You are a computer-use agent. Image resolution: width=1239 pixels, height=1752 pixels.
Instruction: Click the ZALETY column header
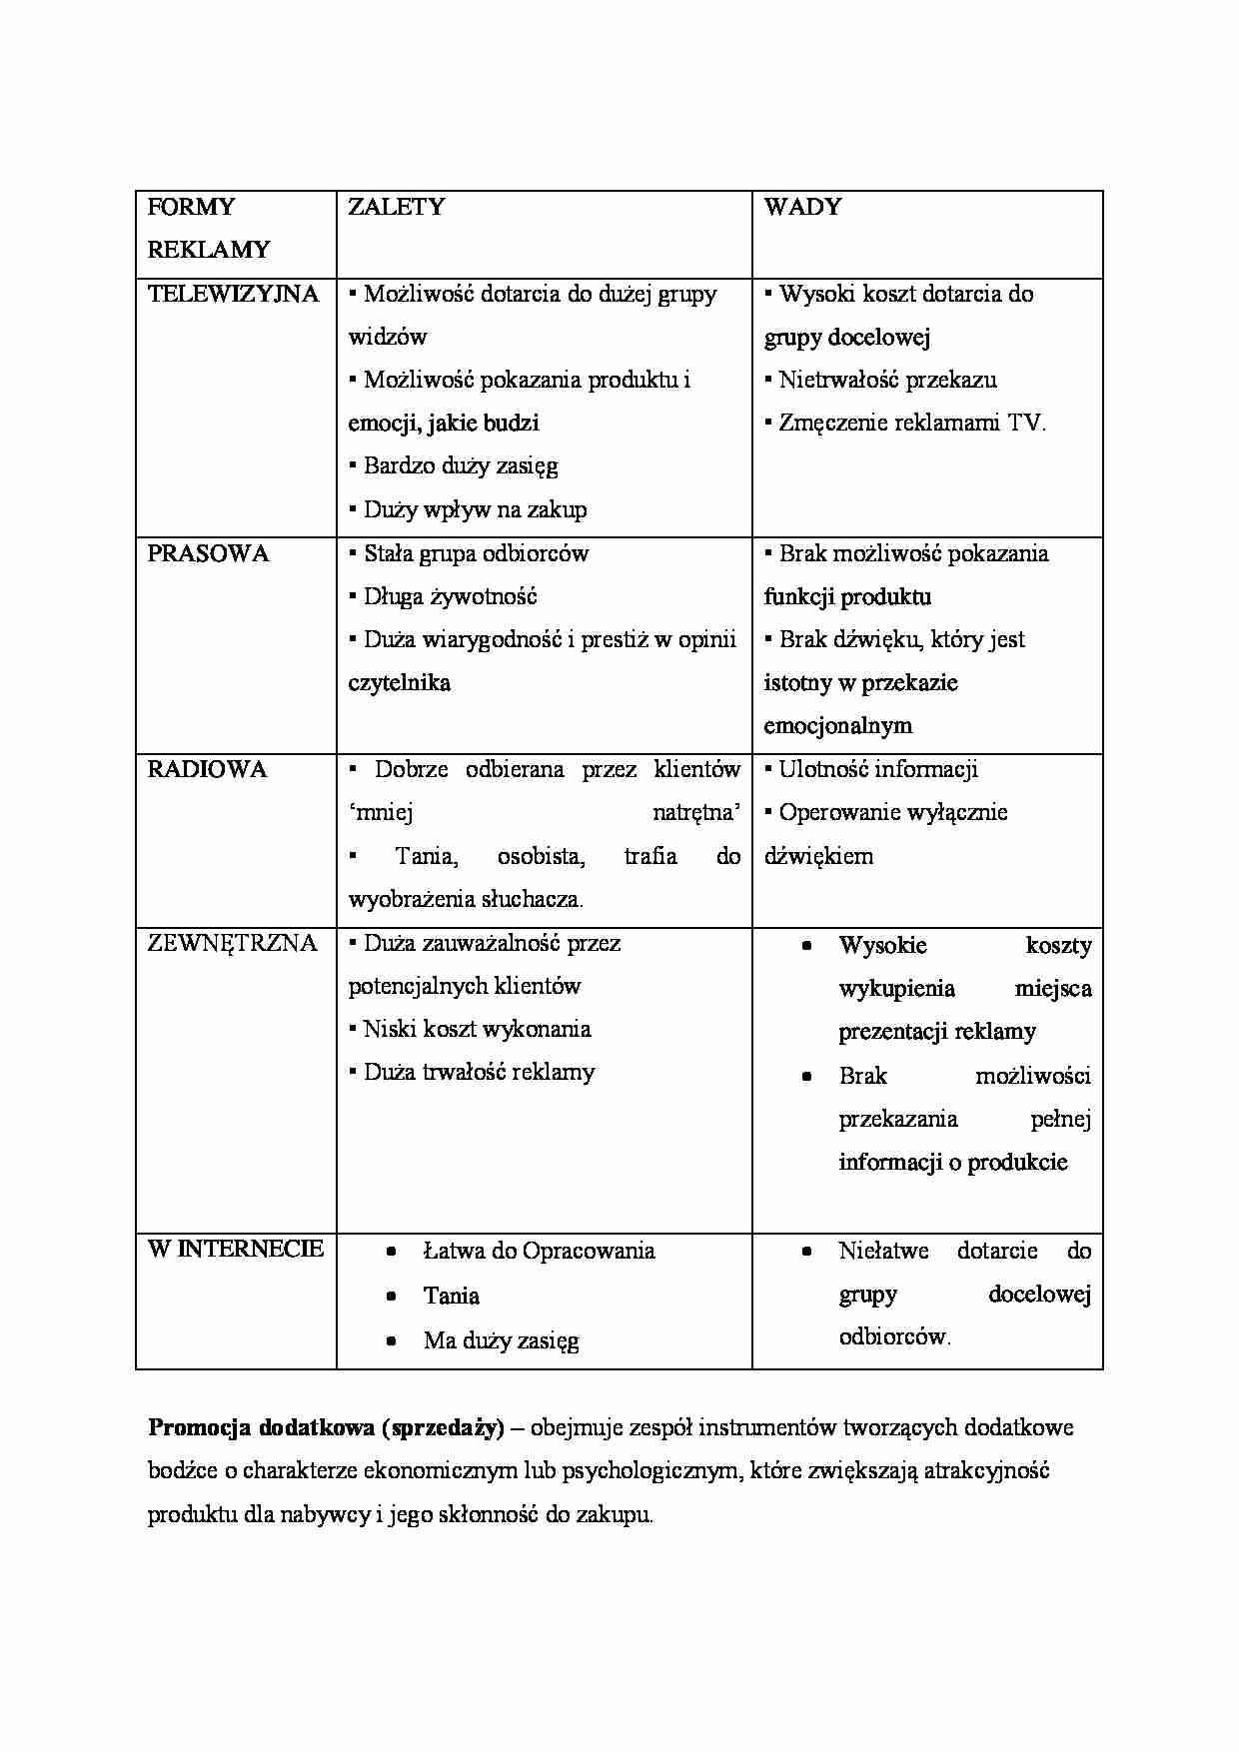(x=396, y=207)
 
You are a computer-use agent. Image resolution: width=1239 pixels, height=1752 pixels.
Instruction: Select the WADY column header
(x=802, y=207)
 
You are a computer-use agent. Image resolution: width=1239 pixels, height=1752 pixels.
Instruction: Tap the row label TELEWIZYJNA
(x=233, y=294)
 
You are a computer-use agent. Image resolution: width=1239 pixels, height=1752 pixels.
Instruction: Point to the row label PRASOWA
(x=208, y=553)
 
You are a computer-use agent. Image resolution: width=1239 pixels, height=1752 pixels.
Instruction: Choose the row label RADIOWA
(x=207, y=769)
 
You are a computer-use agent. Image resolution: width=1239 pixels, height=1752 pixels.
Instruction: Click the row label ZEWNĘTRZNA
(x=232, y=943)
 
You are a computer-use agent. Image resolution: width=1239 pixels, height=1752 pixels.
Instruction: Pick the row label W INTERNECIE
(x=236, y=1249)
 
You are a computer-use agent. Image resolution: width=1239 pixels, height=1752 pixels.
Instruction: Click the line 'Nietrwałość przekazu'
(x=887, y=380)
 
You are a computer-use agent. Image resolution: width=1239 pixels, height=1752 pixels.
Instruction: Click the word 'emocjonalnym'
(x=837, y=725)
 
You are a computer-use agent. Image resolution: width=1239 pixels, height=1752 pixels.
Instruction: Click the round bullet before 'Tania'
(x=392, y=1297)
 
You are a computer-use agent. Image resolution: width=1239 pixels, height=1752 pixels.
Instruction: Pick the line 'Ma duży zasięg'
(x=501, y=1340)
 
